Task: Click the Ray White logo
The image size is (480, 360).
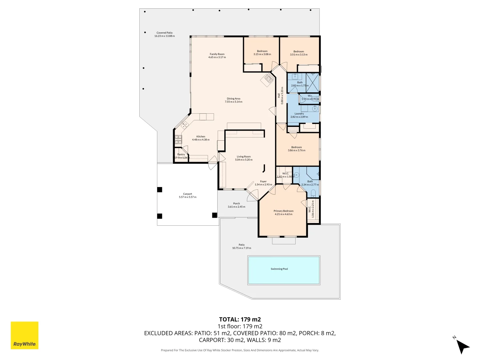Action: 24,335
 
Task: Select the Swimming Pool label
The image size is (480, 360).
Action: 279,269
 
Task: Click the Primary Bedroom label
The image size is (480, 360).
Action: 283,211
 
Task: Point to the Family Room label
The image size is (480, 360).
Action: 217,54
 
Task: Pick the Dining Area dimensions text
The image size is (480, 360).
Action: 233,102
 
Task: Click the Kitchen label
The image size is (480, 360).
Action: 201,137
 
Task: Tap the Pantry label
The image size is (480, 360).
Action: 181,155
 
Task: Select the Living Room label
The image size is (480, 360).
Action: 244,157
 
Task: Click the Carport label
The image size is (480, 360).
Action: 188,194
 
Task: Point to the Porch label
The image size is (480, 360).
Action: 236,204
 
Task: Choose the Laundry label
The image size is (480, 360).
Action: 299,114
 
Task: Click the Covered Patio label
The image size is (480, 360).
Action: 164,33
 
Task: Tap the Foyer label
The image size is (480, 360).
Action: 263,182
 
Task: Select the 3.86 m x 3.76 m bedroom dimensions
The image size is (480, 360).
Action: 296,150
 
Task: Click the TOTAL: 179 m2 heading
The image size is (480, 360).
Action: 240,319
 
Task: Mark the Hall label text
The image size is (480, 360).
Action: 279,96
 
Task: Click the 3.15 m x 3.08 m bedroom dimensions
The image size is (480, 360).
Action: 262,54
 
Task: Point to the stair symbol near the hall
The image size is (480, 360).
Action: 268,80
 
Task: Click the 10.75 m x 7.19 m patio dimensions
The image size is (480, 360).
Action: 241,248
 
